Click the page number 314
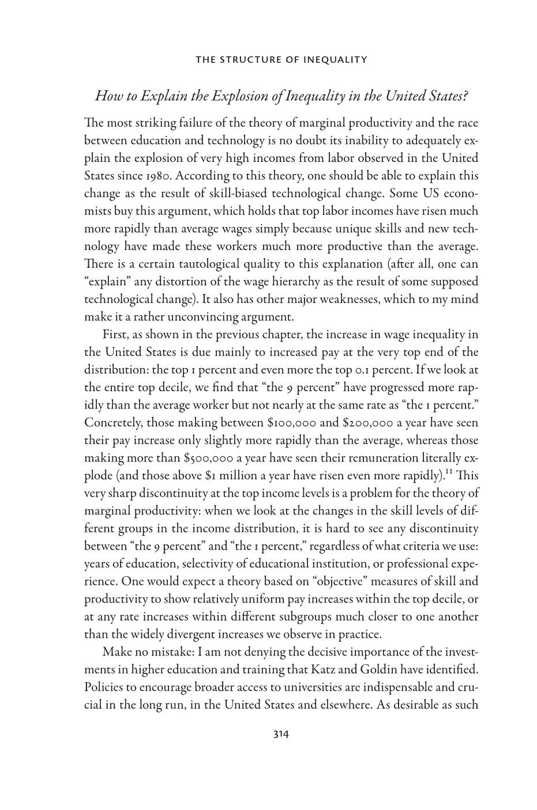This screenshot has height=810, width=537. pyautogui.click(x=280, y=734)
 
